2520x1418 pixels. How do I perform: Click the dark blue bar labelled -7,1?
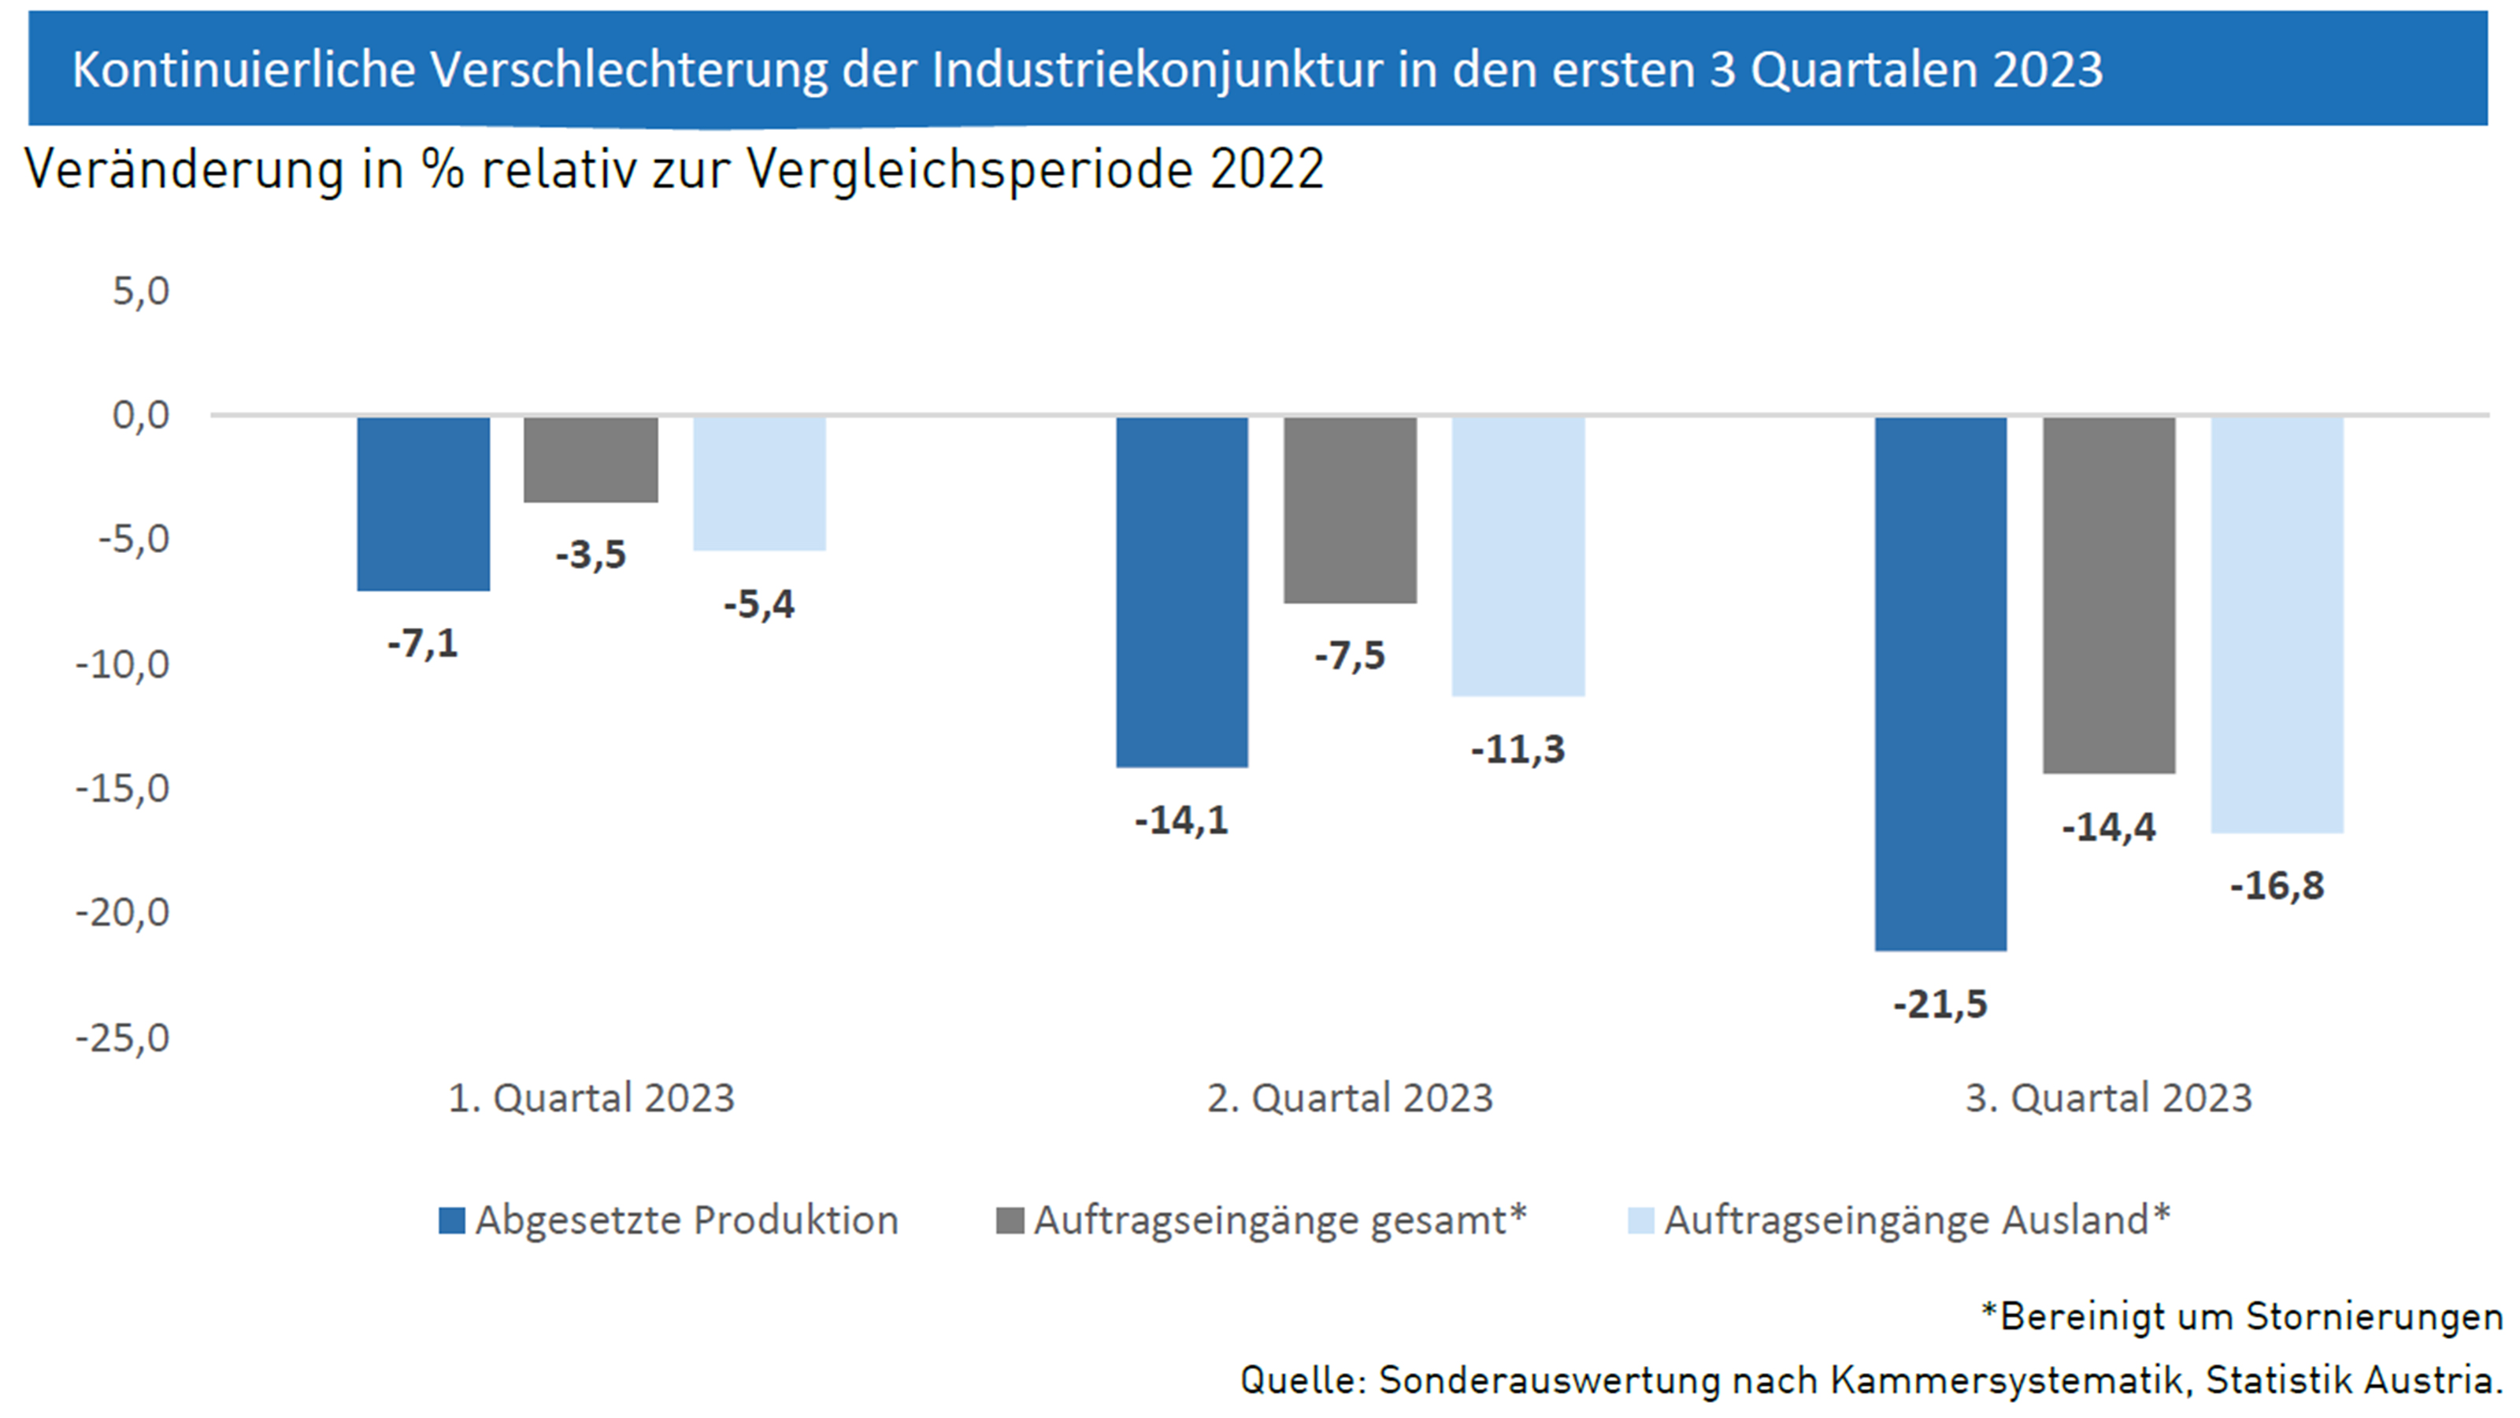(x=423, y=503)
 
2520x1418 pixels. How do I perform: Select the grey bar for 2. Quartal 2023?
(x=1350, y=509)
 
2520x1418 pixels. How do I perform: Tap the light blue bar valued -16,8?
(x=2277, y=625)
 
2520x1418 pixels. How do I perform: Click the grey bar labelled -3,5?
(x=591, y=459)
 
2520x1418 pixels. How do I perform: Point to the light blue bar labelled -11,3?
(x=1518, y=556)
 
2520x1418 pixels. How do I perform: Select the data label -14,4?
(x=2108, y=828)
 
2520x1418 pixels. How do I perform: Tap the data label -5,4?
(x=759, y=605)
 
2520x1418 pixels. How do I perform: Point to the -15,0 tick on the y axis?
(x=124, y=788)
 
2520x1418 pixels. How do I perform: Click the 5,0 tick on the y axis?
(x=141, y=291)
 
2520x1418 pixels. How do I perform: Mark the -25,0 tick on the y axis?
(x=124, y=1038)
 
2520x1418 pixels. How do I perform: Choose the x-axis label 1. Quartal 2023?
(x=591, y=1098)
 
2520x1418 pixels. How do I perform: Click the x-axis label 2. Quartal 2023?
(x=1350, y=1098)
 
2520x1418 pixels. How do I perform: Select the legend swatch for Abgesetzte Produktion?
(x=452, y=1220)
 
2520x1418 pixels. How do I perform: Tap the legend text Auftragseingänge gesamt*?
(x=1280, y=1220)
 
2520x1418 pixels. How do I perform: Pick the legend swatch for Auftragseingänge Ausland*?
(x=1640, y=1220)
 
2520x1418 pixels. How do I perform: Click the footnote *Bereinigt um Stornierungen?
(x=2241, y=1316)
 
